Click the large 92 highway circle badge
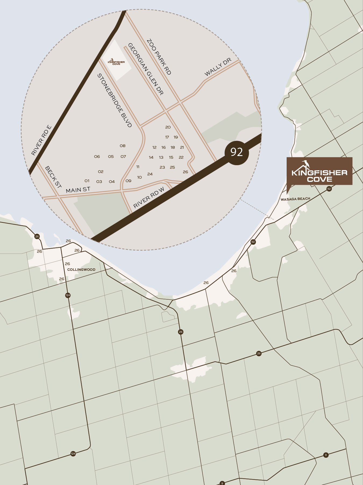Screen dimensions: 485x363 click(237, 152)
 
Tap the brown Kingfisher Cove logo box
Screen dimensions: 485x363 click(319, 171)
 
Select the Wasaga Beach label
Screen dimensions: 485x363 click(295, 199)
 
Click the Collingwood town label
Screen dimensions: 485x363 click(81, 269)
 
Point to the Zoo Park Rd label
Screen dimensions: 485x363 click(159, 57)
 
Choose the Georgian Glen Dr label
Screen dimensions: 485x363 click(145, 69)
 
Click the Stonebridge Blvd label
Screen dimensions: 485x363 click(115, 100)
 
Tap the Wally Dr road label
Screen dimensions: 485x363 click(218, 67)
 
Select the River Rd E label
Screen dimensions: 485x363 click(41, 140)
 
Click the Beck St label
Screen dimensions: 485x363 click(53, 177)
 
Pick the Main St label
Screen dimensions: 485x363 click(78, 190)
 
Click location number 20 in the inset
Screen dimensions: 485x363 click(168, 127)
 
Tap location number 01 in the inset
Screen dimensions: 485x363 click(87, 181)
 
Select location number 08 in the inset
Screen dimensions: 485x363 click(123, 146)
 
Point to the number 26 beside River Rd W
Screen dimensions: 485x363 click(185, 172)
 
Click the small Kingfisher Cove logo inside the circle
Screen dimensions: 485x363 click(116, 62)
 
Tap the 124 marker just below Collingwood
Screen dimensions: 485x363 click(68, 295)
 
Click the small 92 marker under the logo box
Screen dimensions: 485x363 click(329, 189)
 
